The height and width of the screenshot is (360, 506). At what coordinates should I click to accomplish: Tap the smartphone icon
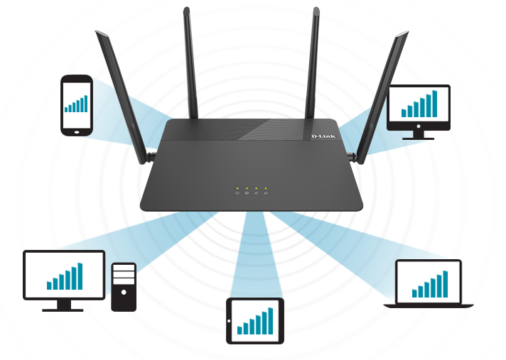[76, 105]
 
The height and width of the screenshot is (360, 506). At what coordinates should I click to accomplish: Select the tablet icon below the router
[254, 320]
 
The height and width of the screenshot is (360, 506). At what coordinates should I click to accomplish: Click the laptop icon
[429, 283]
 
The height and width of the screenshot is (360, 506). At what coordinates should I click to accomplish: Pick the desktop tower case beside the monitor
[123, 286]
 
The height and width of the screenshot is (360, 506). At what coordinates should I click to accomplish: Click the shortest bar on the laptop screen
[414, 293]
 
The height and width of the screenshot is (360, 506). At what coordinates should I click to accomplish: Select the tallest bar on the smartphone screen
[86, 103]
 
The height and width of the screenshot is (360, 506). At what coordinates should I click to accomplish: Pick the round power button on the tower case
[123, 291]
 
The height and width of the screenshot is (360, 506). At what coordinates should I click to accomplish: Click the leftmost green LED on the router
[238, 188]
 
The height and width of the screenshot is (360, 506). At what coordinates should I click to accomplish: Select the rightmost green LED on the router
[265, 188]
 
